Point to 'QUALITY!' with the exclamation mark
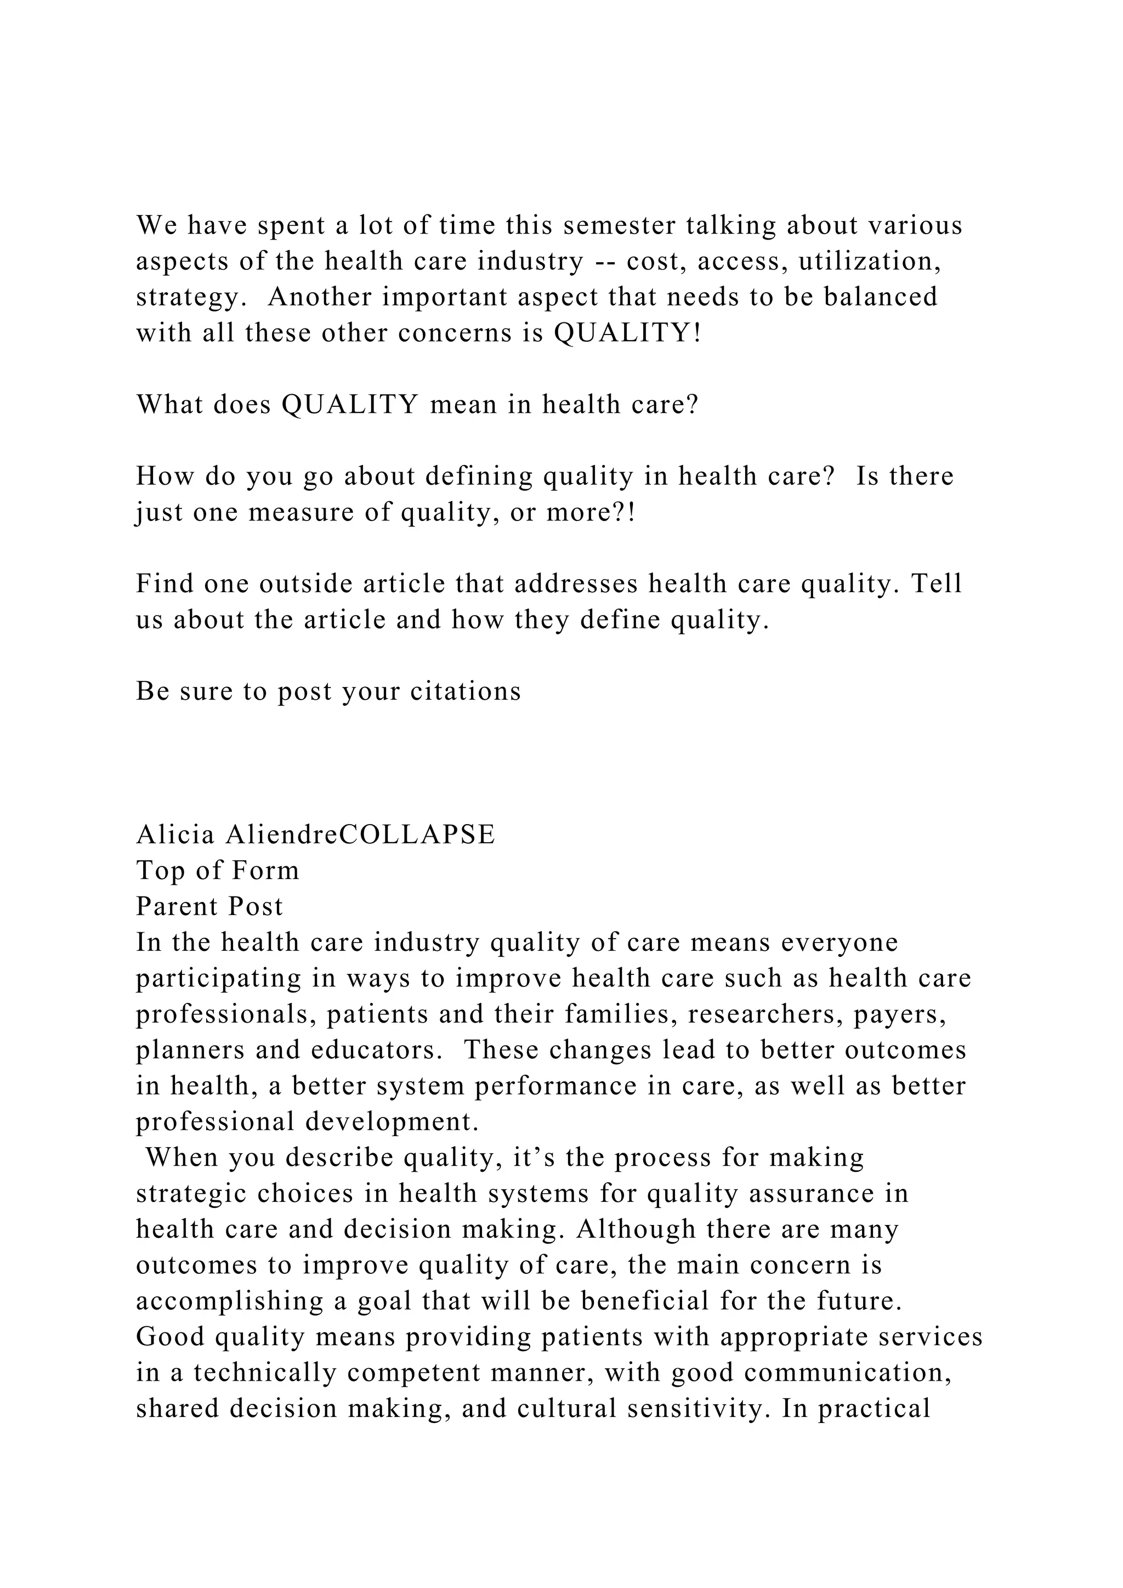[628, 333]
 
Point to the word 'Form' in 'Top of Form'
[265, 870]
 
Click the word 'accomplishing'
[229, 1301]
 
